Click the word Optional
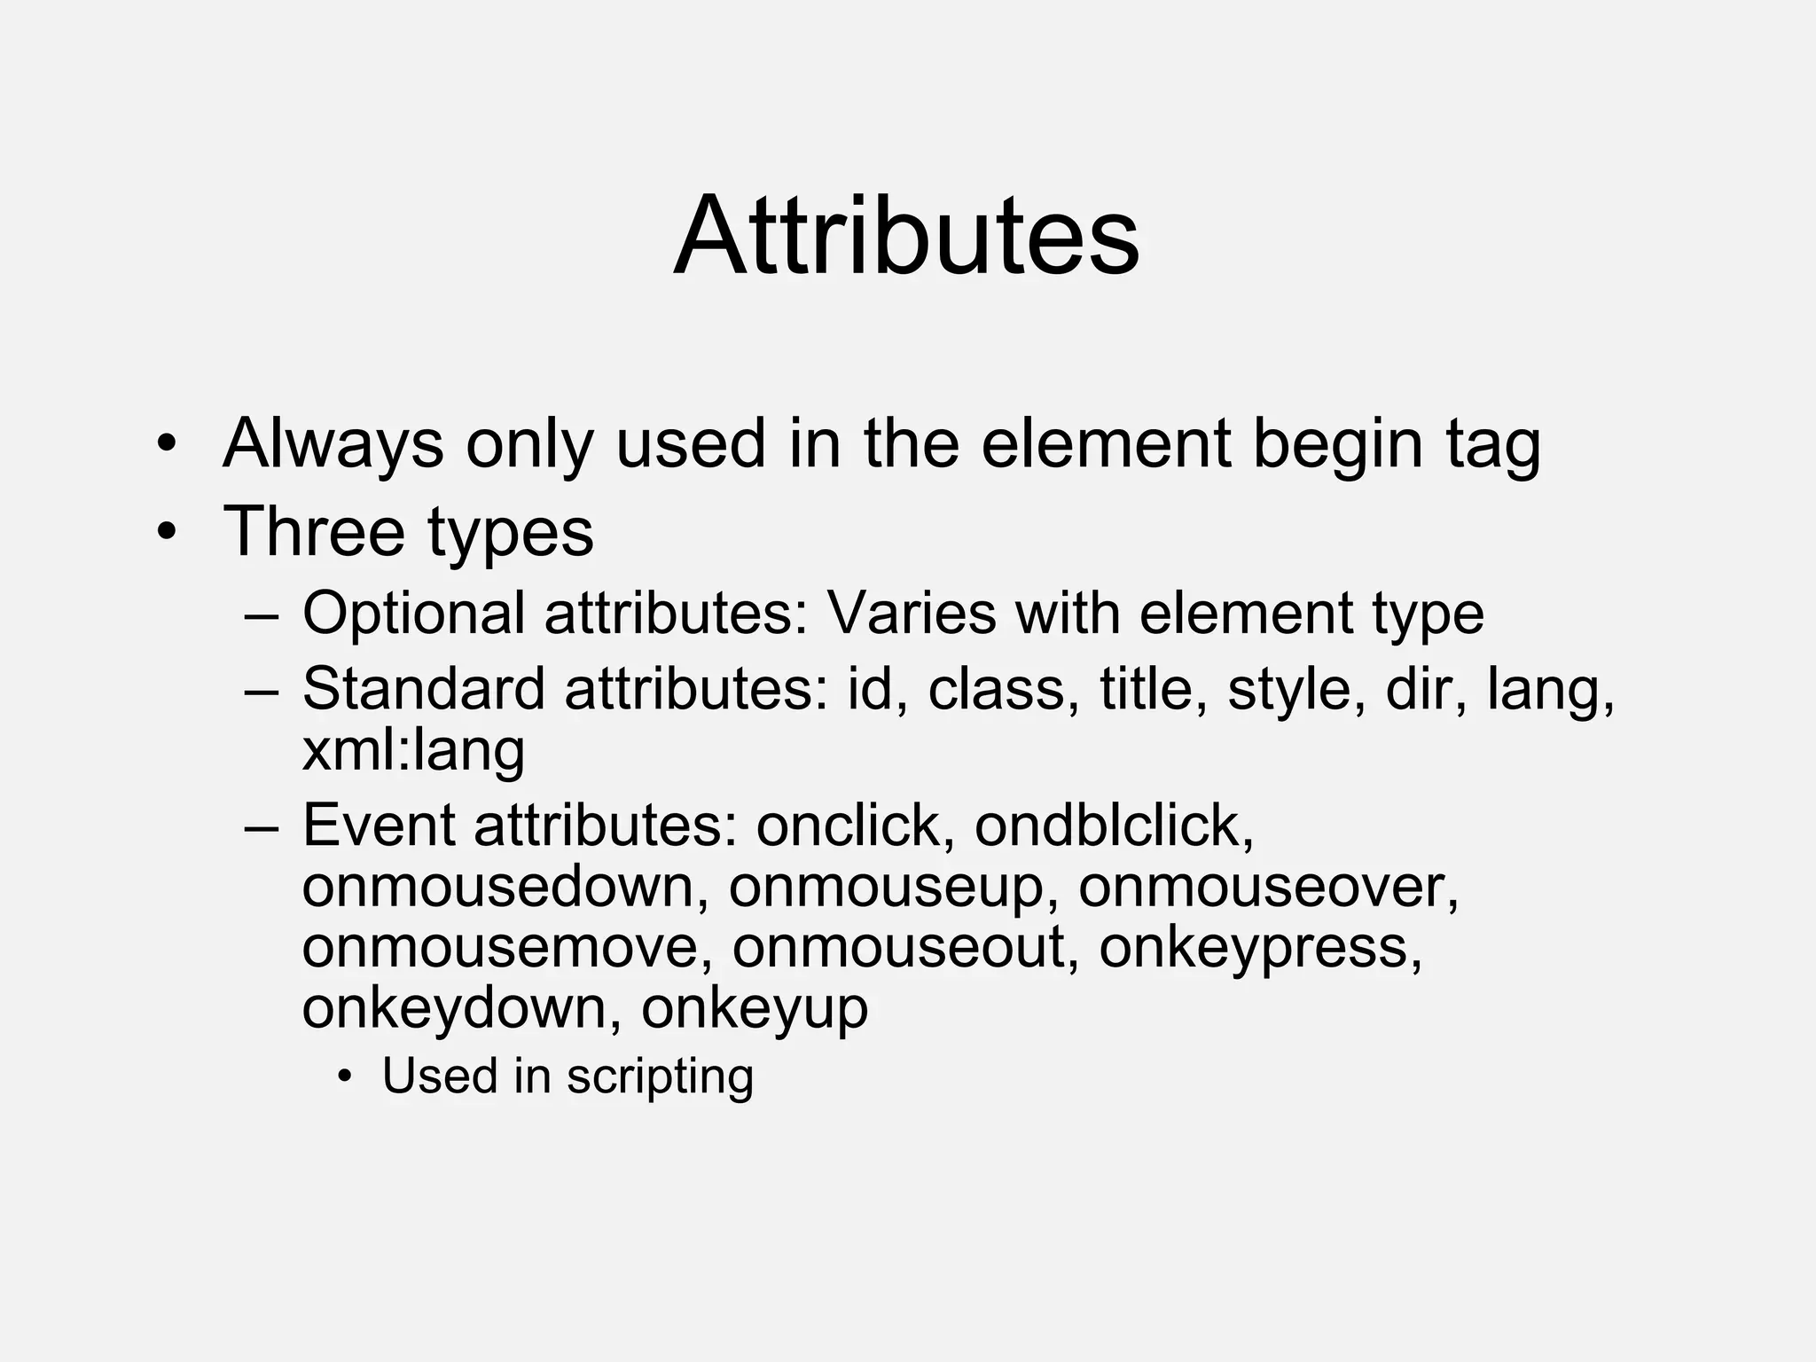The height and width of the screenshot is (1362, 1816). tap(413, 613)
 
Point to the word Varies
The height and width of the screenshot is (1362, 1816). tap(912, 613)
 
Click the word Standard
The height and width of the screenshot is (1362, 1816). tap(423, 689)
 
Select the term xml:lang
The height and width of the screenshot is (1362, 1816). tap(413, 750)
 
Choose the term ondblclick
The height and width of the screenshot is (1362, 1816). tap(1114, 826)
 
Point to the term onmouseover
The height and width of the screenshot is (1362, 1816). tap(1268, 887)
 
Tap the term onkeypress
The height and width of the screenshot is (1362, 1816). tap(1260, 948)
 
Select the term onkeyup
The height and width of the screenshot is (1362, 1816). tap(755, 1009)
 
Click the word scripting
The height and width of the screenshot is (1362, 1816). tap(660, 1076)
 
